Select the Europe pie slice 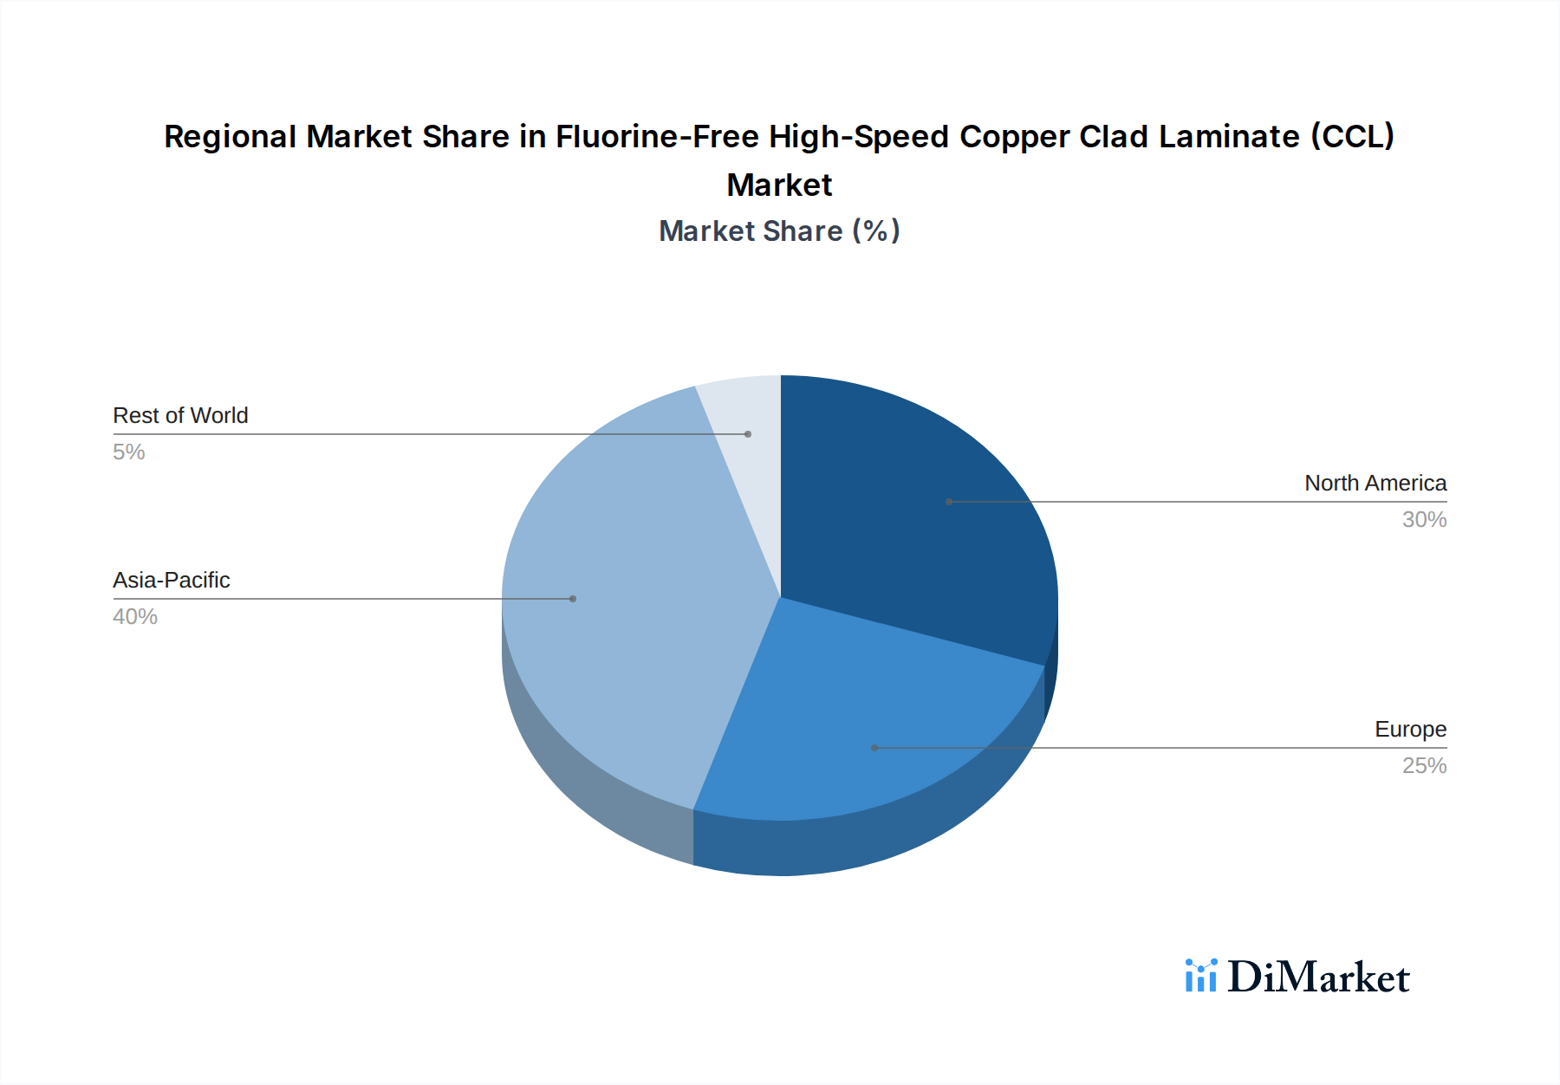(x=858, y=728)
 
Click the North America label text (x=1375, y=484)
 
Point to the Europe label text (x=1410, y=730)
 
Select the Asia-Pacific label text (x=172, y=581)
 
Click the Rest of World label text (x=180, y=416)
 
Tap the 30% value (x=1424, y=520)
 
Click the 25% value (x=1424, y=766)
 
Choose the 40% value (x=135, y=617)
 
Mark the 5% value (x=129, y=452)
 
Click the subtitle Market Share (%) (x=779, y=231)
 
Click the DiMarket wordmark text (x=1318, y=978)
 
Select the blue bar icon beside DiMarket (x=1201, y=976)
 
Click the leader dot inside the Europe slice (x=874, y=748)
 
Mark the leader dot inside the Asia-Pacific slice (x=573, y=599)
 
